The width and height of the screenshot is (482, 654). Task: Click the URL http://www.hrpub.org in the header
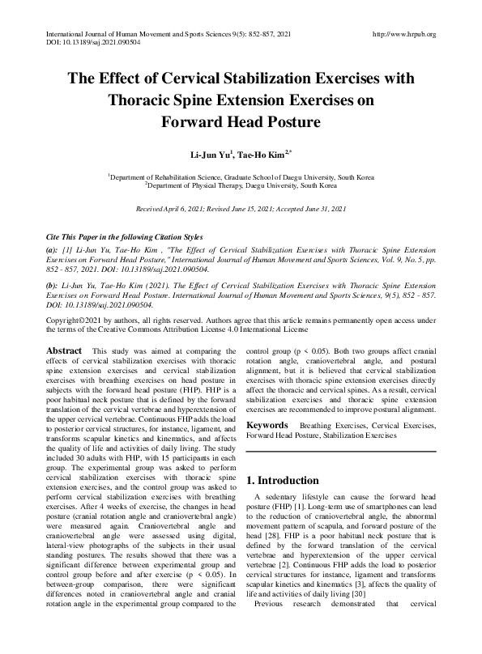point(403,34)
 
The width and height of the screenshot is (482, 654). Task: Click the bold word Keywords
point(267,425)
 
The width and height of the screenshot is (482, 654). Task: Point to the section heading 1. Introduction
point(292,480)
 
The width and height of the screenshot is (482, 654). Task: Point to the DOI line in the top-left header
point(79,43)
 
